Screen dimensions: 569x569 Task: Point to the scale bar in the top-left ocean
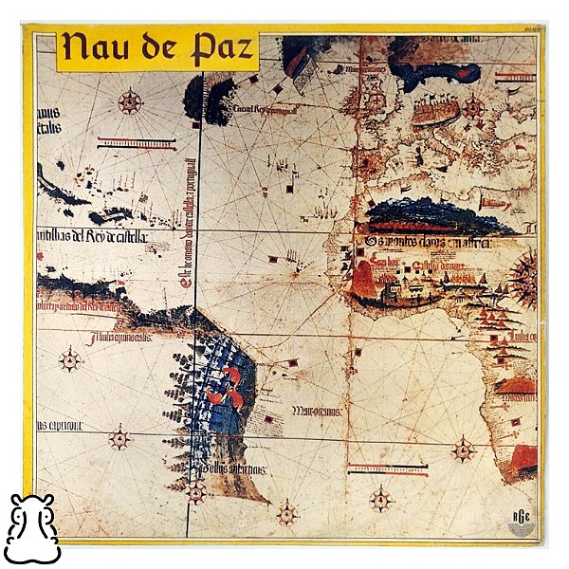click(137, 143)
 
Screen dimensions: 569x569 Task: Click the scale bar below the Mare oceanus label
click(387, 468)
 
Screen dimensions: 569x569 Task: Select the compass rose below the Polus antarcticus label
click(196, 492)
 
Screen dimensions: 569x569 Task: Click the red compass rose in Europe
click(472, 106)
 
